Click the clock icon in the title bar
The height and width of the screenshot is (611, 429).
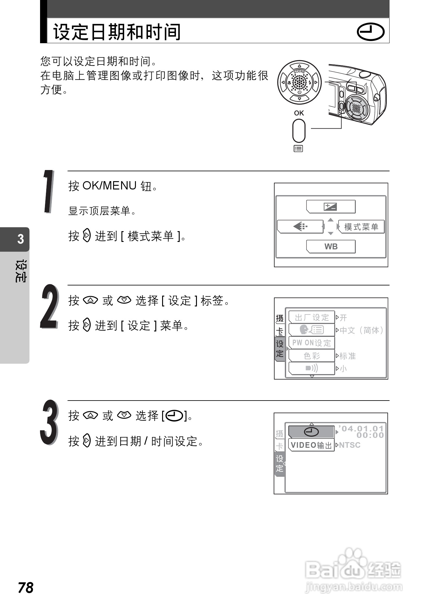[370, 32]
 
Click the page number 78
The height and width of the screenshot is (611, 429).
[26, 588]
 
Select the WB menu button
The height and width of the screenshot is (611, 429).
[331, 247]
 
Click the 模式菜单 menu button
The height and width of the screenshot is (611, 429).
[361, 227]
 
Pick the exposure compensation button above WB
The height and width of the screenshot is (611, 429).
[331, 206]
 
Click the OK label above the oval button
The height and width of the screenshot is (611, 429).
[299, 113]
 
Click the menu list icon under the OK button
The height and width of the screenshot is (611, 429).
[298, 149]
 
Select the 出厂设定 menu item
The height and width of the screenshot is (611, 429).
[312, 317]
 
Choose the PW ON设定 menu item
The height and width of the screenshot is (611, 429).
[312, 343]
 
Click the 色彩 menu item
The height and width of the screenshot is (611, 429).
[312, 356]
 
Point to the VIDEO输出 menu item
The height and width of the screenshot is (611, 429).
[311, 445]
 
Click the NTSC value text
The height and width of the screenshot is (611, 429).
[350, 445]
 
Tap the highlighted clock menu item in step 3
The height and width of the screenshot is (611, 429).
[311, 432]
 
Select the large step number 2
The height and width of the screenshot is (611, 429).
[49, 307]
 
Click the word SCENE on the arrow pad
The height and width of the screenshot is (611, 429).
[299, 72]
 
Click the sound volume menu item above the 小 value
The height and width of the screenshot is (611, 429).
[312, 368]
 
